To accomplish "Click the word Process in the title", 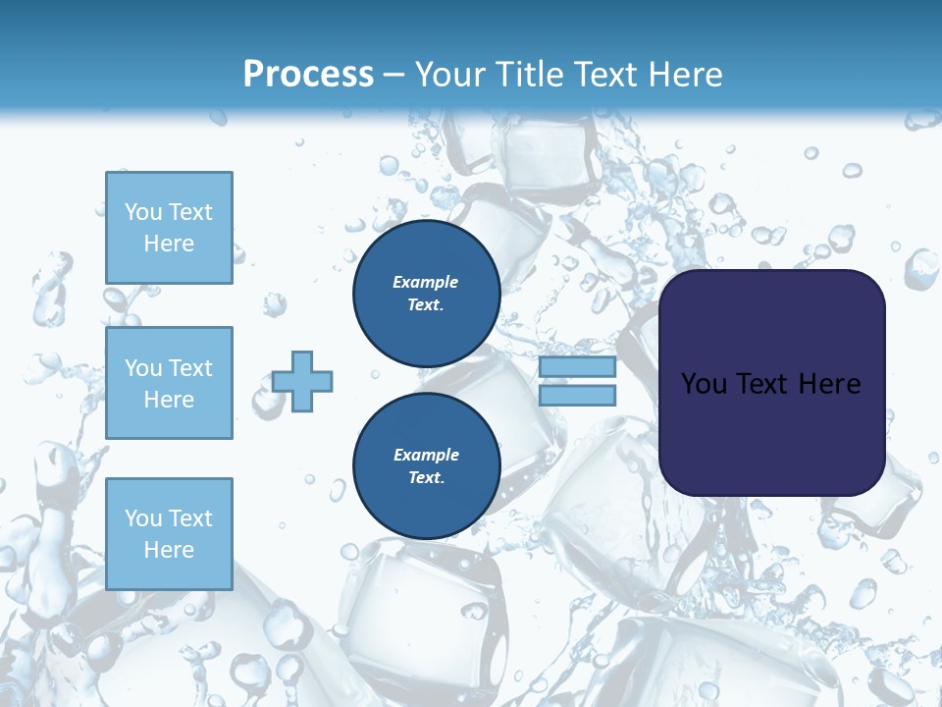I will [308, 75].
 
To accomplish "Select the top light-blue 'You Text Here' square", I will [169, 228].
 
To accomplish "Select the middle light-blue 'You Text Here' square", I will [169, 383].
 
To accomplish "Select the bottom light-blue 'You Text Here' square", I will [169, 534].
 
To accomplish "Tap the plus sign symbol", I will [302, 382].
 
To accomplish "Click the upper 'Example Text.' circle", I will [426, 294].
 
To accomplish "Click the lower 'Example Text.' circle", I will [426, 466].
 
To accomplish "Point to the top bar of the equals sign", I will [577, 367].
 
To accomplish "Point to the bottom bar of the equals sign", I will [577, 396].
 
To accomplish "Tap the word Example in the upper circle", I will [426, 282].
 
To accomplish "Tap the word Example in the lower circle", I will [426, 455].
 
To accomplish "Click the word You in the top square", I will [143, 212].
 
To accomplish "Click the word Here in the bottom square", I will [169, 550].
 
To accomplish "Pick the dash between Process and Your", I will [393, 76].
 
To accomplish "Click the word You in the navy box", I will [704, 384].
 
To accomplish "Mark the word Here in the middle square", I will [169, 400].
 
